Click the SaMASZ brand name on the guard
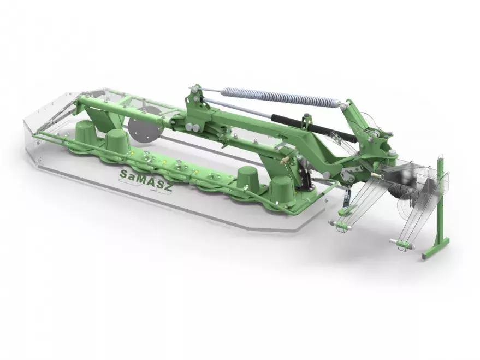[x=145, y=181]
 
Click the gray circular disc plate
[x=145, y=125]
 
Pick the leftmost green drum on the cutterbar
[x=85, y=131]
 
